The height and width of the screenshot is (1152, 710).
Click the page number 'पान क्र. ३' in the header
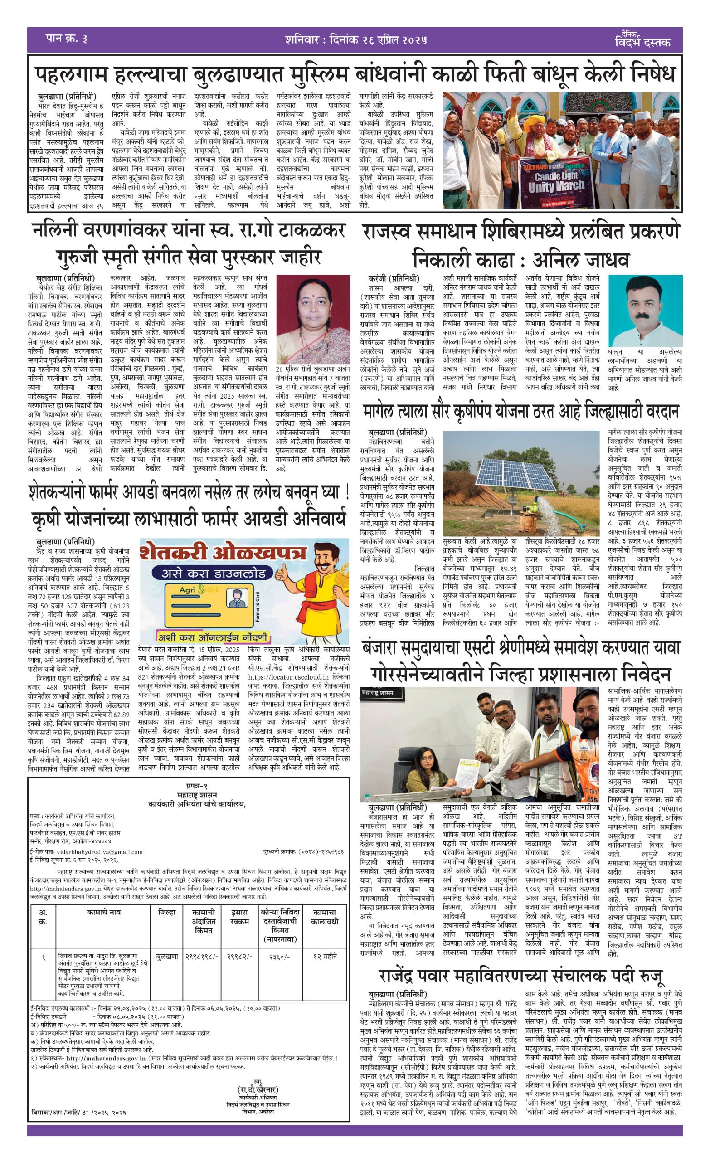(x=67, y=39)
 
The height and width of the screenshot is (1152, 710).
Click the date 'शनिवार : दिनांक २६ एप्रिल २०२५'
(x=355, y=39)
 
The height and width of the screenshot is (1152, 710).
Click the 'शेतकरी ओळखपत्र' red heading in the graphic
(x=223, y=554)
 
